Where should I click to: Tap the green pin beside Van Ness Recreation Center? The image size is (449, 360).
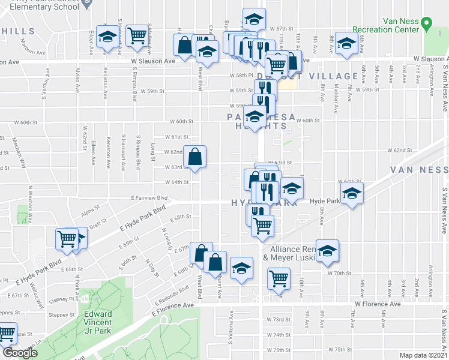click(x=427, y=25)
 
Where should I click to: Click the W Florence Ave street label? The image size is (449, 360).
click(x=377, y=304)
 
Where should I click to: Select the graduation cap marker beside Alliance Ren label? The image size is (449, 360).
click(x=328, y=250)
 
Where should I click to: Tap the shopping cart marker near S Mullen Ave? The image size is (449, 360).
click(x=137, y=35)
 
